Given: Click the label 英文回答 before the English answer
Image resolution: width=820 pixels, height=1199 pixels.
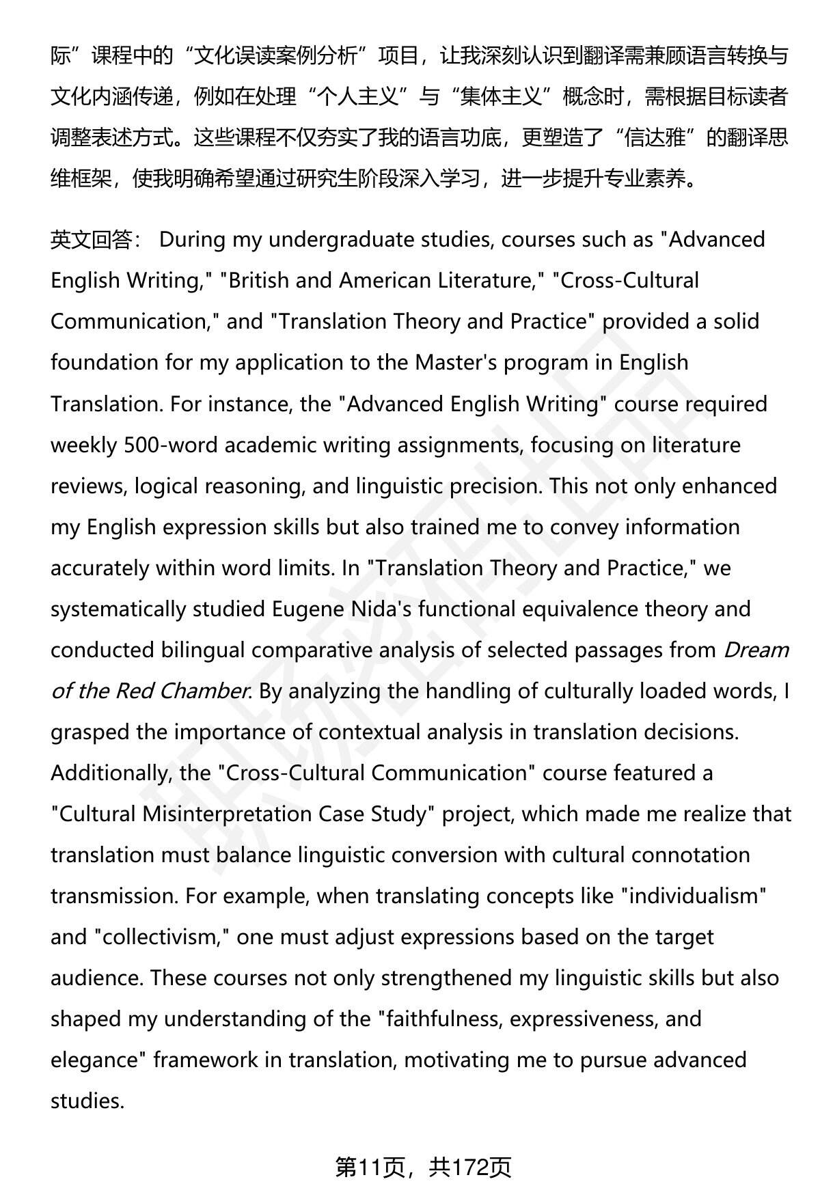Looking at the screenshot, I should click(90, 240).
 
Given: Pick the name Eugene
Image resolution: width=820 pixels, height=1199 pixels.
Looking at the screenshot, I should click(307, 609).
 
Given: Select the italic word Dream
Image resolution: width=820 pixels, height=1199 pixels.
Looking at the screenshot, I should click(756, 650).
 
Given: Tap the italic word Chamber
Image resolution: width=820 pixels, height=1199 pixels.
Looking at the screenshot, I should click(203, 691).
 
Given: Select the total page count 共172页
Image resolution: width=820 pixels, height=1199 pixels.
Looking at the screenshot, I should click(470, 1168).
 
